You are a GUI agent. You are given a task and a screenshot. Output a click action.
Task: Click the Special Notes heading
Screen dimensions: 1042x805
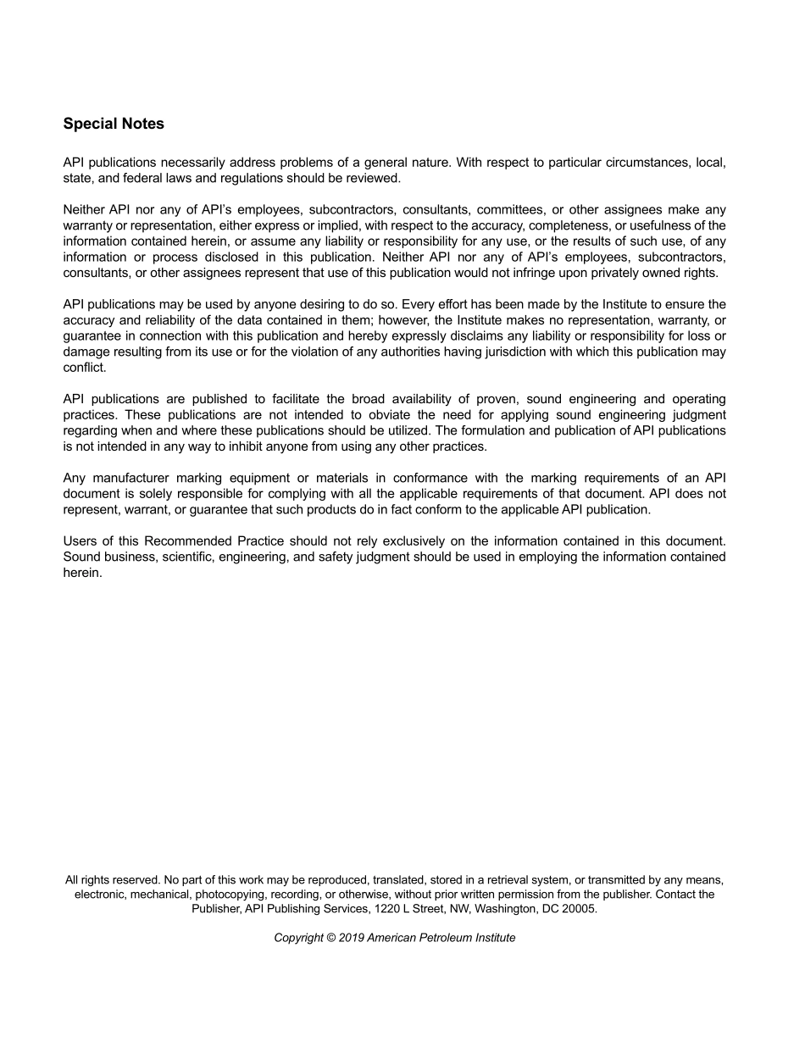(114, 124)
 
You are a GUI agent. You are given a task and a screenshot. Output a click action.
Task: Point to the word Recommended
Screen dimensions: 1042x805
(184, 541)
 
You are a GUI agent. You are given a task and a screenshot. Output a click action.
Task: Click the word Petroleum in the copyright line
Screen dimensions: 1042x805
(448, 938)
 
